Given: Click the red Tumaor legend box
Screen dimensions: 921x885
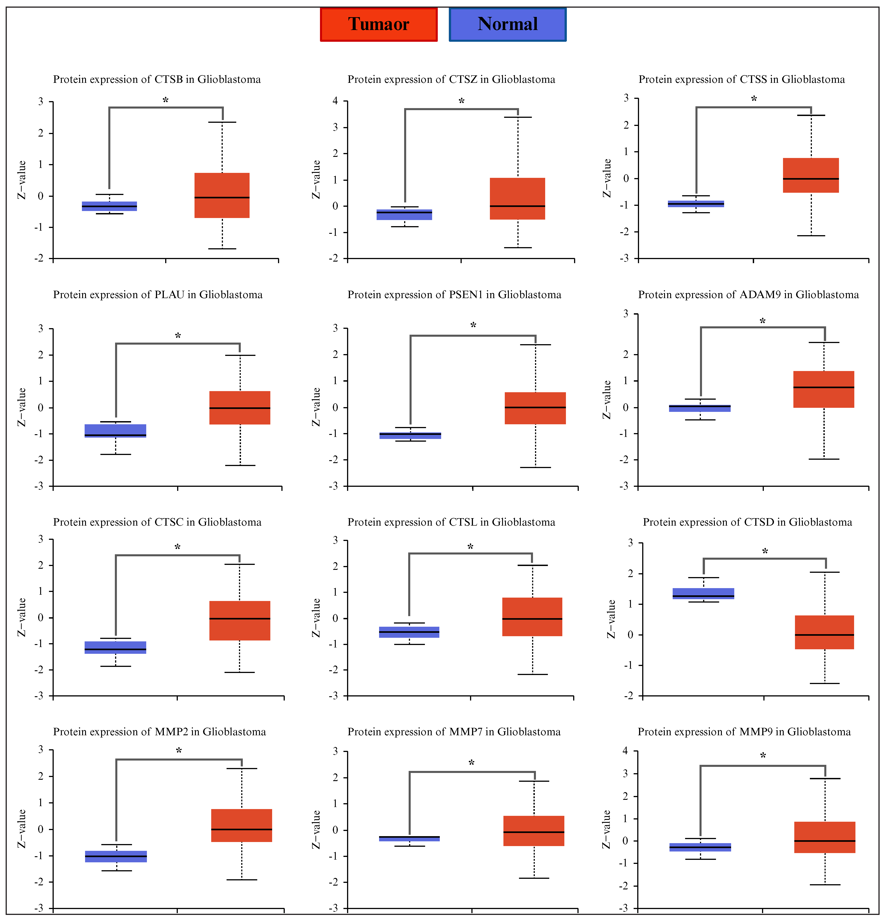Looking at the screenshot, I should pos(379,24).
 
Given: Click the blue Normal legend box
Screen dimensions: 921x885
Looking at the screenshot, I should pos(507,24).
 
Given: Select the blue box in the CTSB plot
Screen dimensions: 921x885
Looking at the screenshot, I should pos(109,206).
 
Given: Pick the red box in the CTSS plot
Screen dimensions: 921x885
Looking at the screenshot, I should pos(811,175).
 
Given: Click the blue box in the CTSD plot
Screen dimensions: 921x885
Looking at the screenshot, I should pos(703,594).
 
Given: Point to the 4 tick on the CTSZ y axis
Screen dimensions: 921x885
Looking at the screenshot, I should pos(335,101).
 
